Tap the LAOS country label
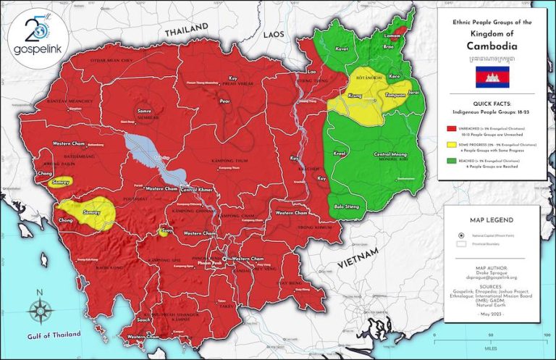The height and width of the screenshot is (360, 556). point(274,34)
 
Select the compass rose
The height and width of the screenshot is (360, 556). point(40,310)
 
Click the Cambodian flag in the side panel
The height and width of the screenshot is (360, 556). point(492,76)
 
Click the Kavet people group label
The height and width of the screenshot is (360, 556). point(342,49)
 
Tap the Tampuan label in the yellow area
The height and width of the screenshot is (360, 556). point(383,94)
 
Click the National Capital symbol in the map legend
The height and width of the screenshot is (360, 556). point(461,235)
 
